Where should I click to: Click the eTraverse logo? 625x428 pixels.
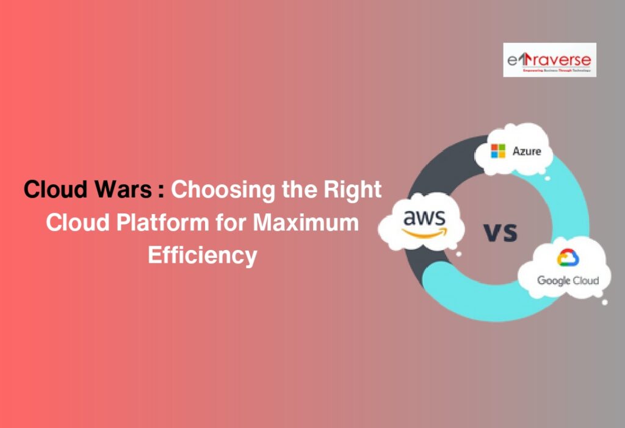pyautogui.click(x=549, y=59)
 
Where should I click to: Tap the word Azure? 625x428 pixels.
pyautogui.click(x=526, y=150)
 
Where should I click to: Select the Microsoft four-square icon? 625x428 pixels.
pyautogui.click(x=498, y=151)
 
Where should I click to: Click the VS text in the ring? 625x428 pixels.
pyautogui.click(x=500, y=232)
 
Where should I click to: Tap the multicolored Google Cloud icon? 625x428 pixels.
pyautogui.click(x=568, y=259)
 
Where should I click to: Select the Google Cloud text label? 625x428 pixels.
pyautogui.click(x=568, y=280)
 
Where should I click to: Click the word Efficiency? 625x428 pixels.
pyautogui.click(x=202, y=255)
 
